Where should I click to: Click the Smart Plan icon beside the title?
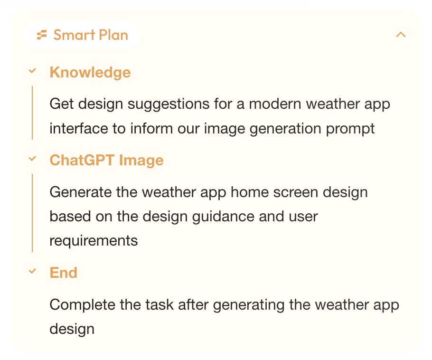(42, 35)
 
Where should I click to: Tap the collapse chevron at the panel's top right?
(401, 35)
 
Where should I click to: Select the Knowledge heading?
(90, 73)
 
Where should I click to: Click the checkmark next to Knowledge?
(32, 71)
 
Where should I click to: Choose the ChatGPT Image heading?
(107, 160)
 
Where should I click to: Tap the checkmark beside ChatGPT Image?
(32, 159)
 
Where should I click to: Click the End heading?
(63, 273)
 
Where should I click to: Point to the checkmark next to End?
(32, 271)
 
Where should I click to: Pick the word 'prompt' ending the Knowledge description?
(350, 129)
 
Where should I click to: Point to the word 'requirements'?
(94, 241)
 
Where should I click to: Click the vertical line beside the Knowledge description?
(32, 113)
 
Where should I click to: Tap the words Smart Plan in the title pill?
(91, 35)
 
